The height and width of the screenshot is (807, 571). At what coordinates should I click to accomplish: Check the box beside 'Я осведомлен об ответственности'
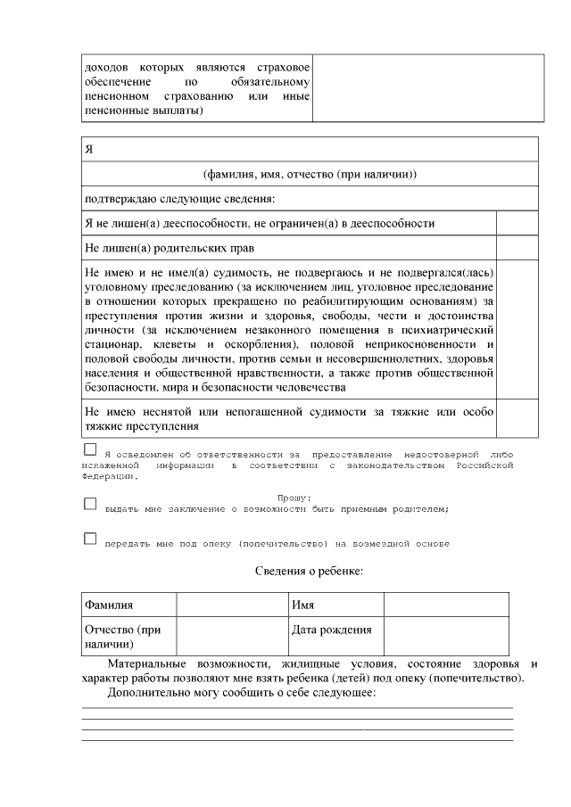pyautogui.click(x=90, y=449)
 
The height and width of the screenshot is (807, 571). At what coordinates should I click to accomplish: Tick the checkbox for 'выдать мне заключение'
pyautogui.click(x=90, y=504)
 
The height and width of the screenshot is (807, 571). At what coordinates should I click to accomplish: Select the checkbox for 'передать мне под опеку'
pyautogui.click(x=90, y=539)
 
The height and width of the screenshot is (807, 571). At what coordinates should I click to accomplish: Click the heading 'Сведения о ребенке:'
pyautogui.click(x=310, y=571)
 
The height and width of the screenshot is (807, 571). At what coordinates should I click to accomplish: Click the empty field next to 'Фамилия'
pyautogui.click(x=231, y=605)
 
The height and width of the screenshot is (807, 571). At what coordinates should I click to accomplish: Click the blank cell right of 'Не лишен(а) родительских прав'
pyautogui.click(x=517, y=247)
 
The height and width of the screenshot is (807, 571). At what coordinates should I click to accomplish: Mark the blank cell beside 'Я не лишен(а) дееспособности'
pyautogui.click(x=517, y=223)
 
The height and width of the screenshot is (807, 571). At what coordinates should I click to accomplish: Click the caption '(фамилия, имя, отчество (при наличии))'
pyautogui.click(x=310, y=173)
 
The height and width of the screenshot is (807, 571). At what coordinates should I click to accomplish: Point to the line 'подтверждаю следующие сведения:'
pyautogui.click(x=179, y=198)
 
